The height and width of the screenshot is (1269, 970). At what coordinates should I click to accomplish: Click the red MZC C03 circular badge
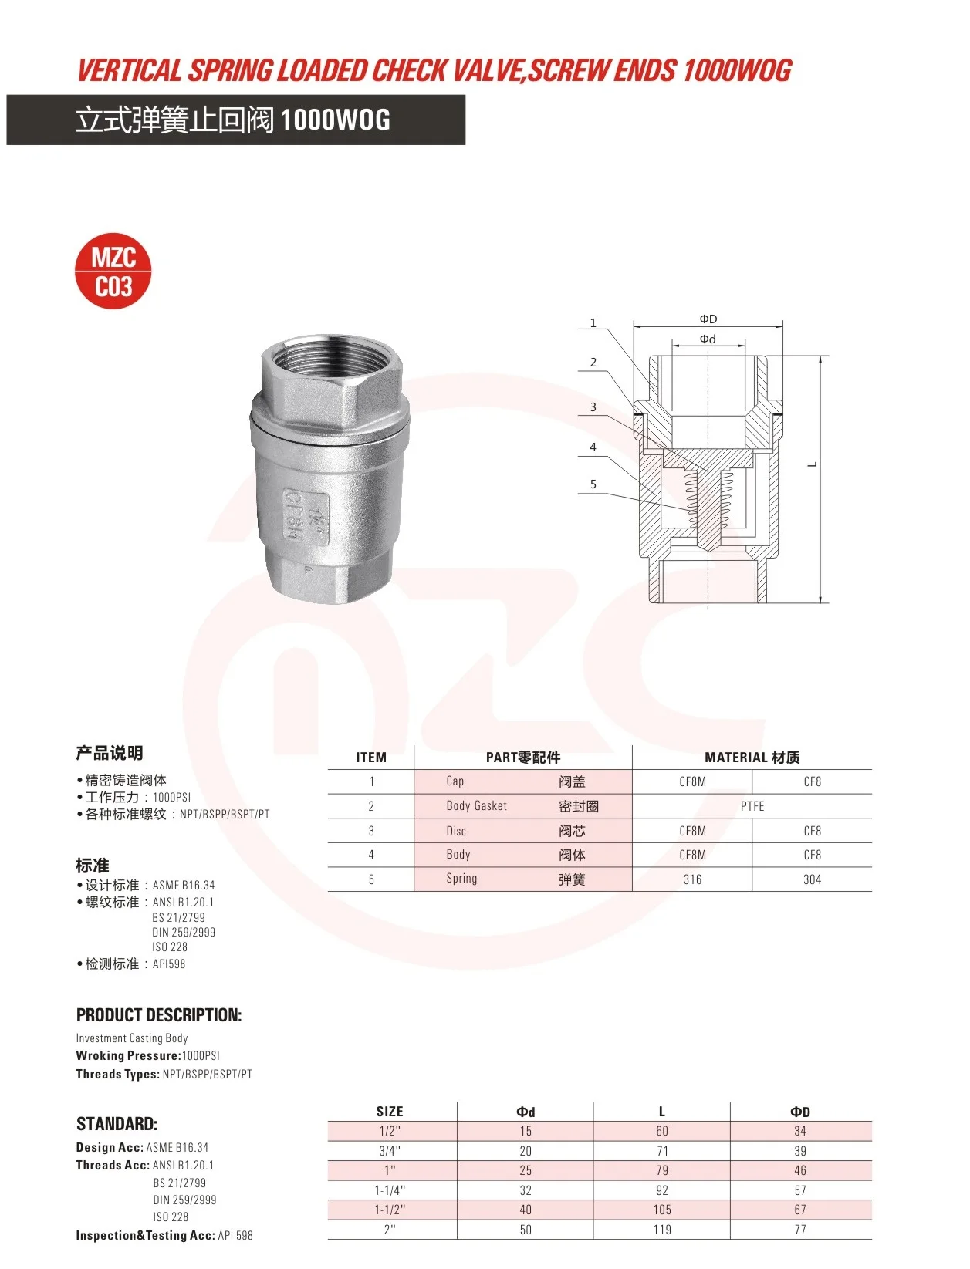click(x=113, y=272)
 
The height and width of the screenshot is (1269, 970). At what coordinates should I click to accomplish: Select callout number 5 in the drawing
click(x=593, y=484)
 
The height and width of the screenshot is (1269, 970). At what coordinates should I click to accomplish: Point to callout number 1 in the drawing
click(x=593, y=323)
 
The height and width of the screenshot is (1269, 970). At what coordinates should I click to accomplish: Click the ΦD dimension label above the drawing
click(x=708, y=319)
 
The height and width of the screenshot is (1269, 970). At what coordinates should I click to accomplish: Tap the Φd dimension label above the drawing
click(x=708, y=339)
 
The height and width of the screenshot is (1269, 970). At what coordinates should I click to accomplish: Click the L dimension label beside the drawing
click(x=812, y=464)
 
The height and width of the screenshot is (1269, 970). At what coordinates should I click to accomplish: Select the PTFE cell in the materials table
click(x=752, y=806)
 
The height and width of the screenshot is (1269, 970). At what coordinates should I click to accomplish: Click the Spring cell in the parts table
click(x=461, y=879)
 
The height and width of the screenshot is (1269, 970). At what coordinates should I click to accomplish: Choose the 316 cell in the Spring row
click(x=692, y=879)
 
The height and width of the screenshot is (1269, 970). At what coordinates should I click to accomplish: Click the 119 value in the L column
click(x=661, y=1230)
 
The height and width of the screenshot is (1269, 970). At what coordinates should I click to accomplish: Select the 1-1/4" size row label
click(x=390, y=1190)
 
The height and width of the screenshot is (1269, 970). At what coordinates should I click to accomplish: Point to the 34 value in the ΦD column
click(x=799, y=1131)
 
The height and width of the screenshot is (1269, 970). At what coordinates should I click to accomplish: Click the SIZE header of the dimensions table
click(x=390, y=1112)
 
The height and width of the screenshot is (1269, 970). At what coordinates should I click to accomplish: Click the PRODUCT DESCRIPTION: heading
click(x=159, y=1015)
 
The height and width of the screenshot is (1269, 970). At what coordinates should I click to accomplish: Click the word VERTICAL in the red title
click(x=130, y=71)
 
